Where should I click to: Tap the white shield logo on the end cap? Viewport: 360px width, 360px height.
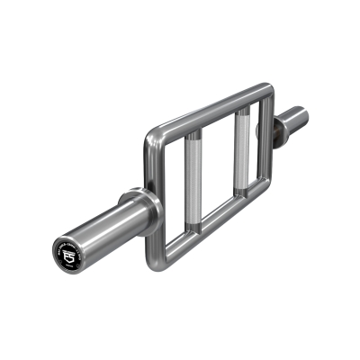click(x=69, y=257)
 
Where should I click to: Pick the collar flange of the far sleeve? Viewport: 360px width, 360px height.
click(x=265, y=131)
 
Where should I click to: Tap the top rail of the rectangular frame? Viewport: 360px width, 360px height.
click(x=207, y=112)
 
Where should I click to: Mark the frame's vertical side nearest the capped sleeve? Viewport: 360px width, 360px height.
click(x=149, y=193)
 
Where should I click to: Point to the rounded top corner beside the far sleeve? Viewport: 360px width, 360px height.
click(x=267, y=91)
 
